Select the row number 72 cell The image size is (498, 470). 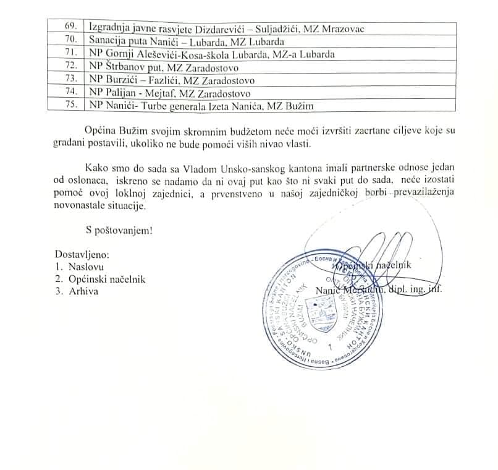tap(71, 66)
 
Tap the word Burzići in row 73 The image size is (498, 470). tap(124, 80)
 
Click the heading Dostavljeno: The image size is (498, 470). tap(82, 254)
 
